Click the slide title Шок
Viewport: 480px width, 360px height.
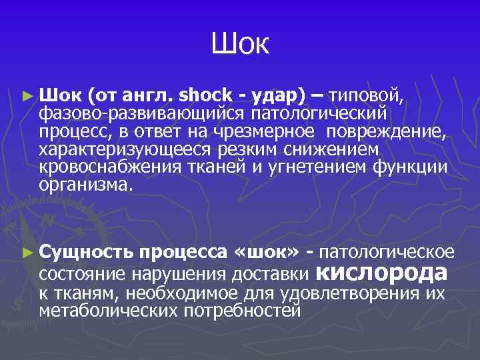pos(240,45)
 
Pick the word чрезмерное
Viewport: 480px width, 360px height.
pos(284,130)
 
